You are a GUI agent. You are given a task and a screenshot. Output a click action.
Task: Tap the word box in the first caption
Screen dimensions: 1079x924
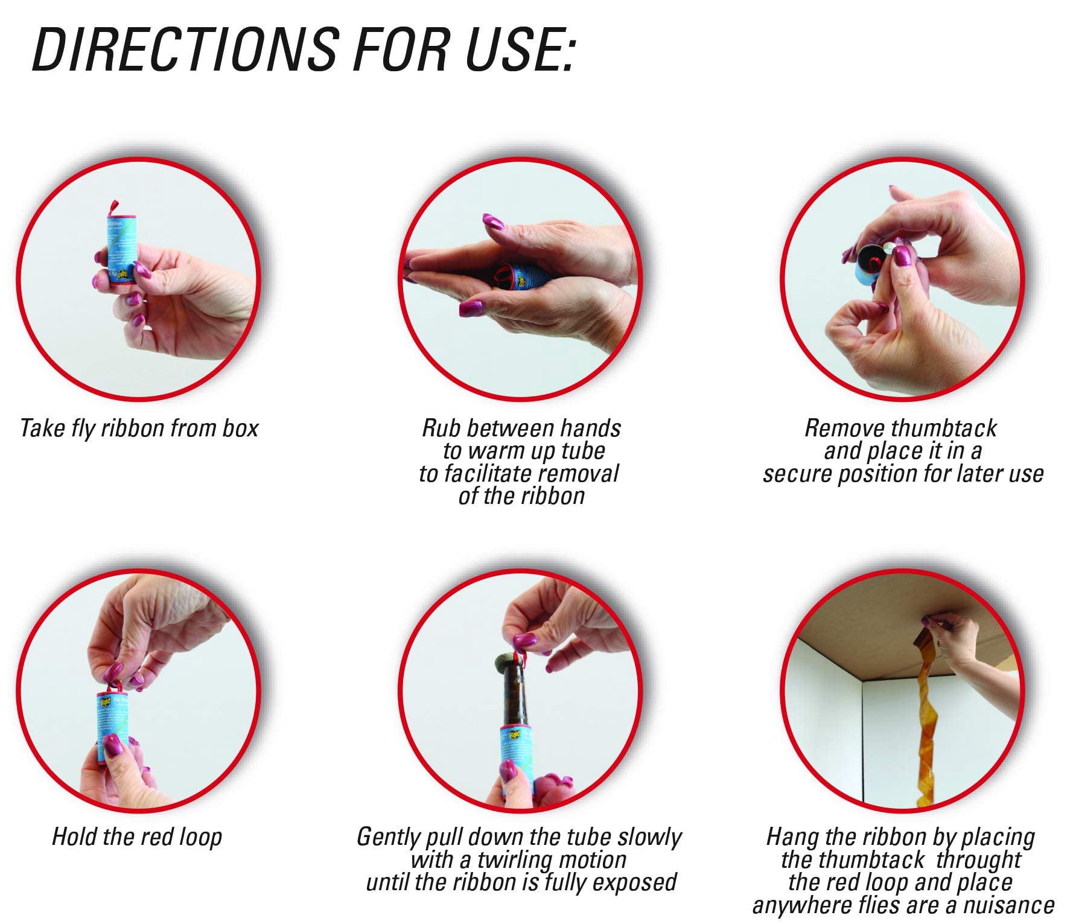(x=240, y=428)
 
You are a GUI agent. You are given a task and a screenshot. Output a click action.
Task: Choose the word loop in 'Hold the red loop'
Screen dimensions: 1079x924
(x=201, y=837)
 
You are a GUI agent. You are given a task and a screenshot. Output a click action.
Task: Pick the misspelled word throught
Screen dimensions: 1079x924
(x=979, y=859)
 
